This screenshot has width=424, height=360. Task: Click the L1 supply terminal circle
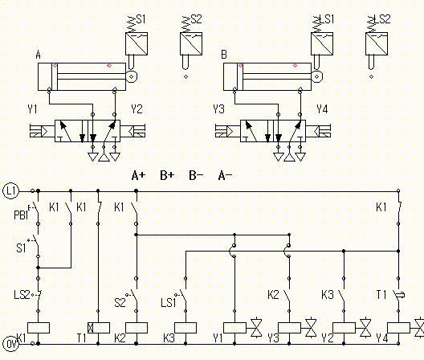tap(10, 190)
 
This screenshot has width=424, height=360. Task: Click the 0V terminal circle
tap(10, 344)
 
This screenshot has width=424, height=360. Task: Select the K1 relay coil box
tap(39, 328)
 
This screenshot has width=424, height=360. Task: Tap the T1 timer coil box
tap(99, 328)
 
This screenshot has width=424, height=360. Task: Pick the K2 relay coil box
tap(137, 328)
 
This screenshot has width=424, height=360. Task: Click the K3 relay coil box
tap(185, 328)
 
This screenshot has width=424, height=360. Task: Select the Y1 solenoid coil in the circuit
tap(234, 328)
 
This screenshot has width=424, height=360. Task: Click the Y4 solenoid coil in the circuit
tap(398, 328)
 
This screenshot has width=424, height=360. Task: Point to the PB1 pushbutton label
tap(21, 215)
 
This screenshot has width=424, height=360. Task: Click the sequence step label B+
tap(167, 175)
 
